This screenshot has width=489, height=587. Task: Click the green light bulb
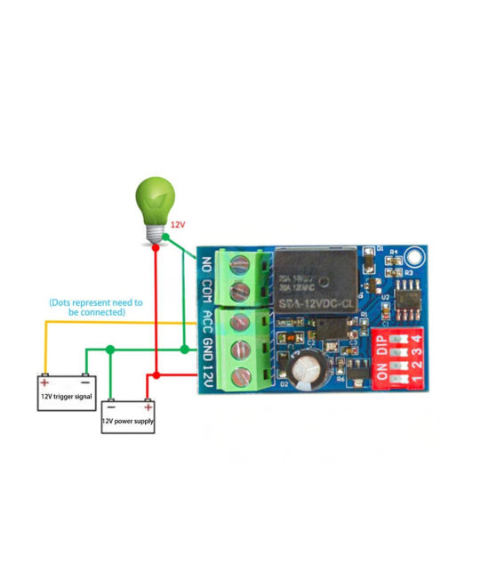click(x=154, y=203)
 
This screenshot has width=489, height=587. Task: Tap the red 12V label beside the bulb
click(x=179, y=226)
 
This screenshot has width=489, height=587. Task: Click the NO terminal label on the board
click(x=207, y=264)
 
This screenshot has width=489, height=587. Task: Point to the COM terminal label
click(x=207, y=292)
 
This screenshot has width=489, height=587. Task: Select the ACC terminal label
click(x=207, y=322)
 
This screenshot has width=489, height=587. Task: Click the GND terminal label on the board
click(x=207, y=350)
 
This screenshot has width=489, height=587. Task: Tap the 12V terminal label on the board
click(x=207, y=376)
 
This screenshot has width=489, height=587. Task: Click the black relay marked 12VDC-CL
click(x=315, y=280)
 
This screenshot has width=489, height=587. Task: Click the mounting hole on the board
click(x=415, y=261)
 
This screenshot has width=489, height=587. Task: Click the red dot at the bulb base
click(x=156, y=249)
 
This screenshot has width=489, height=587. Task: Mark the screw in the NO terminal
click(x=238, y=263)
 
